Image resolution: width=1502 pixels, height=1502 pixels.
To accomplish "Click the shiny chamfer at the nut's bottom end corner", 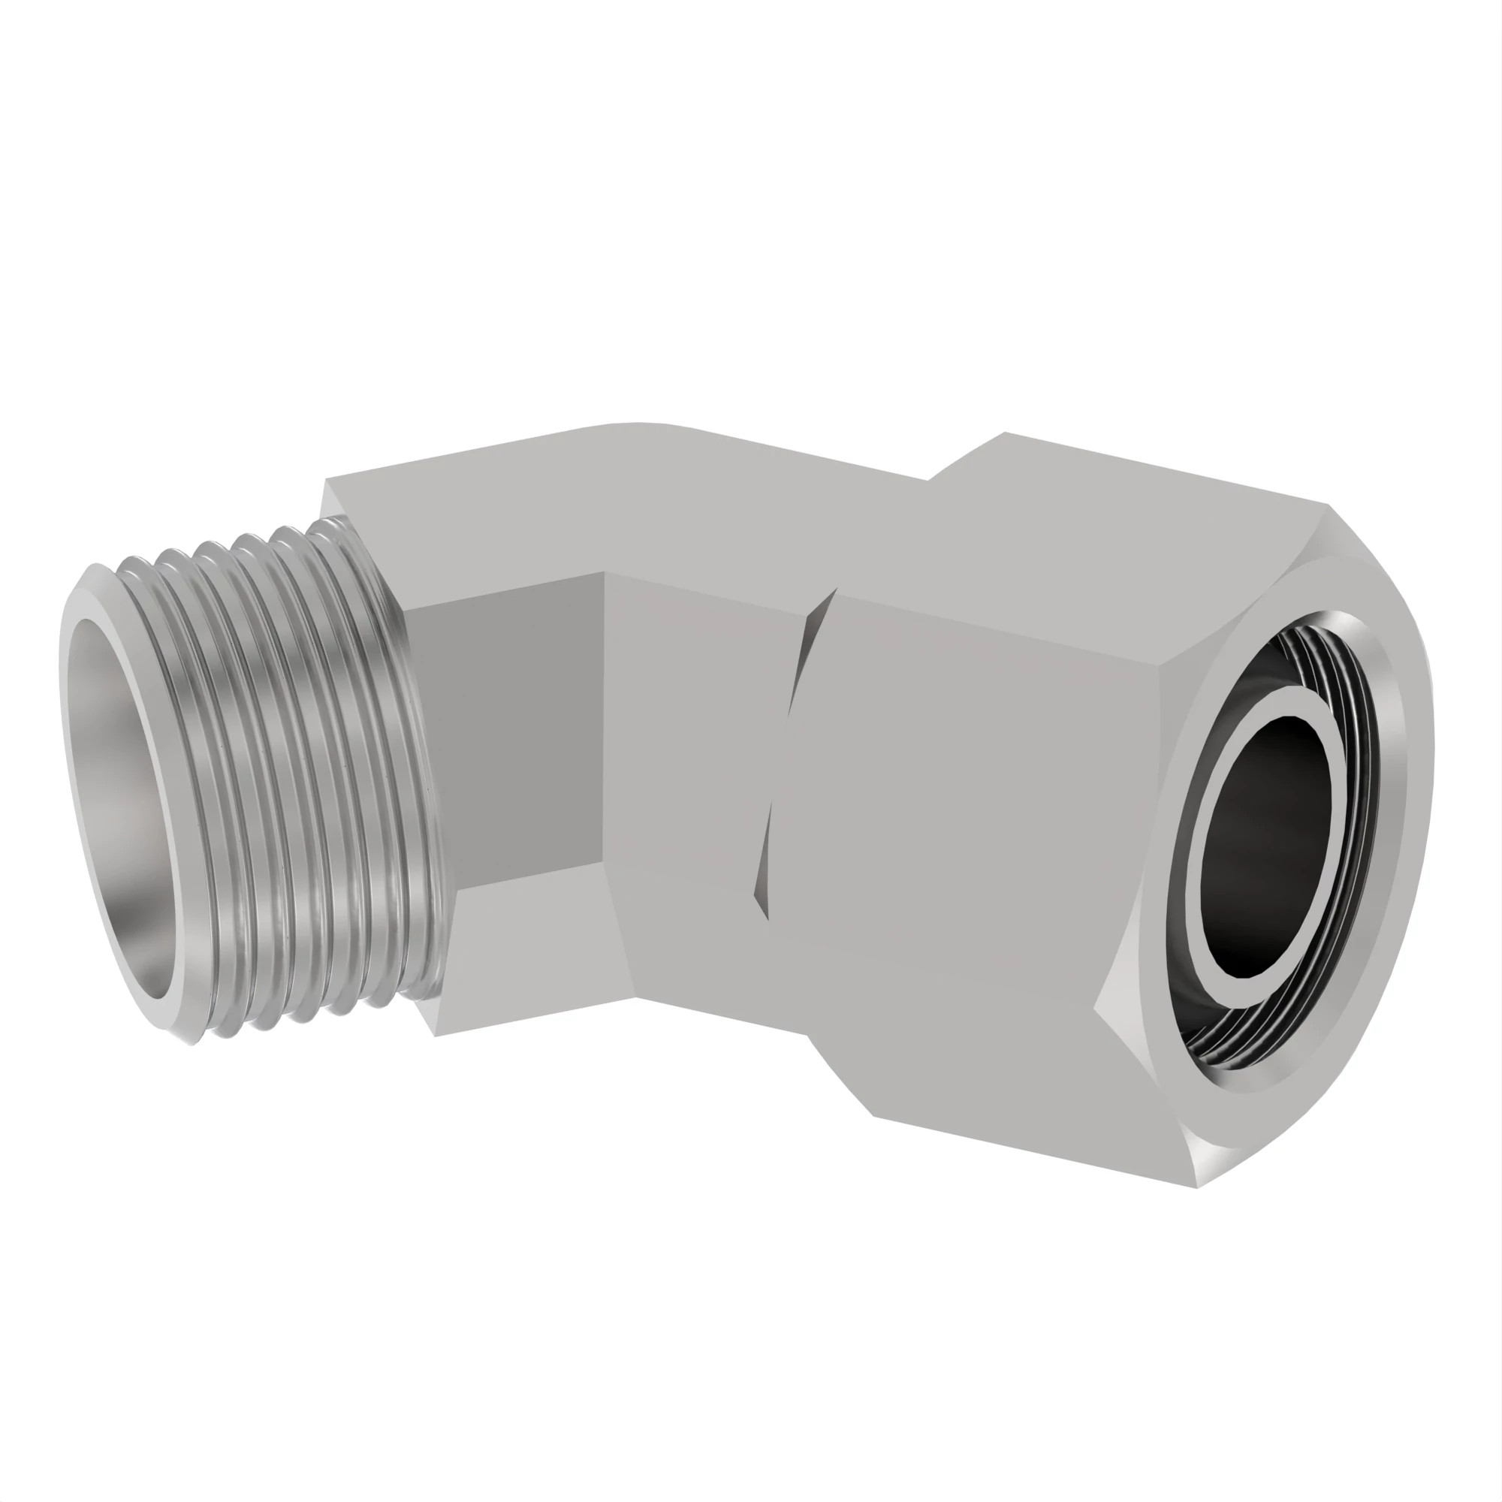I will [1213, 1166].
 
